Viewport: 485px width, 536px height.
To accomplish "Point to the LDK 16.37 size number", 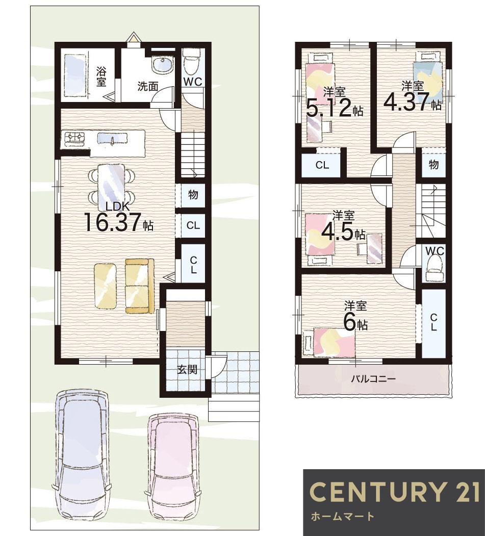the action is [x=112, y=222].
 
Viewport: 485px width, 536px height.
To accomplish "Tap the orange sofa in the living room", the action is [x=139, y=286].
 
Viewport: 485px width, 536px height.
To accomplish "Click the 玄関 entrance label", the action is [x=187, y=369].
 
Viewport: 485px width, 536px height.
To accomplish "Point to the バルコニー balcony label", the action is [x=373, y=379].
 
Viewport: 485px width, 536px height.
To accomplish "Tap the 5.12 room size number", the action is [x=329, y=108].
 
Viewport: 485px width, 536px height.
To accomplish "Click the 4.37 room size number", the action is [x=406, y=101].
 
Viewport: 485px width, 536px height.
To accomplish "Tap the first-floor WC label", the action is [x=193, y=82].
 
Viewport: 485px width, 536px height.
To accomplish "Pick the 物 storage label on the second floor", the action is [x=433, y=165].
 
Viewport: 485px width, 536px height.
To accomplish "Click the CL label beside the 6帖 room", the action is [x=433, y=322].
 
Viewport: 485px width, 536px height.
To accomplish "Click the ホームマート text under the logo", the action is [x=343, y=516].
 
